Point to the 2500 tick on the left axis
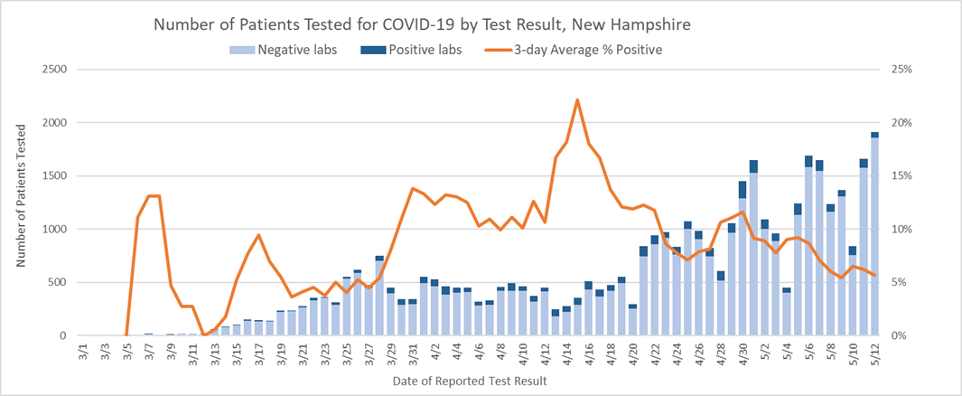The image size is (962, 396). pyautogui.click(x=52, y=70)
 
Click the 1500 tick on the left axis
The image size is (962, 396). pyautogui.click(x=52, y=176)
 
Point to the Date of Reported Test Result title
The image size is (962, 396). pyautogui.click(x=470, y=382)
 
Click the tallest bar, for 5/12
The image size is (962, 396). pyautogui.click(x=874, y=235)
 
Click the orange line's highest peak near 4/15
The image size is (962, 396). pyautogui.click(x=577, y=99)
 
